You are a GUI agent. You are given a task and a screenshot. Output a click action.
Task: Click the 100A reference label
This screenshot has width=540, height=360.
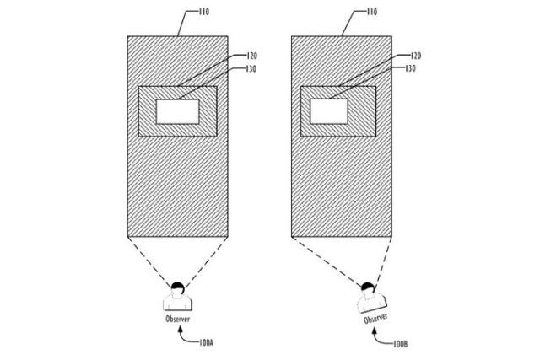coord(206,343)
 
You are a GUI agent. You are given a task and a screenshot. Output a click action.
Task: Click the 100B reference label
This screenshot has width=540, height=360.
coord(401,343)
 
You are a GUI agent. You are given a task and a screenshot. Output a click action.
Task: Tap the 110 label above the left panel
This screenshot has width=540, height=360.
coord(204,12)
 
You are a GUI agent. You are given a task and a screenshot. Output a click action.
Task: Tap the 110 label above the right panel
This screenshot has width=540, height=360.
coord(372,12)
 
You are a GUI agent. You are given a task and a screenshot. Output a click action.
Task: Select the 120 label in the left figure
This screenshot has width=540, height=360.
coord(252,56)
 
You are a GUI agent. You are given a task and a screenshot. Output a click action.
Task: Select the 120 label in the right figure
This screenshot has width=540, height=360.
coord(416,56)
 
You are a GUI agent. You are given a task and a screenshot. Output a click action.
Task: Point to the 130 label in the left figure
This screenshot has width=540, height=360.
coord(251,69)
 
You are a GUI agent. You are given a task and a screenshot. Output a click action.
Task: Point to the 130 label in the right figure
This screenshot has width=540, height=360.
coord(410,68)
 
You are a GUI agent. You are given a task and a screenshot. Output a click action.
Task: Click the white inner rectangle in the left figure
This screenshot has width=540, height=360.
coord(178,111)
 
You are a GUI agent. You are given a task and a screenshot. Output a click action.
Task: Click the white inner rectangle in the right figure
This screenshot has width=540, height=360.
coord(329,111)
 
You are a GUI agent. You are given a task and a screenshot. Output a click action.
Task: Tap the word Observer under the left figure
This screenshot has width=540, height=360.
coord(178,319)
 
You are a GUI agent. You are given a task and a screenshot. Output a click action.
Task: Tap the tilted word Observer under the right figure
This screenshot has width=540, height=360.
coord(375,319)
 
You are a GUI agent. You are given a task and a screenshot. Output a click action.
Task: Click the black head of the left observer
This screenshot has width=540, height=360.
coord(178,287)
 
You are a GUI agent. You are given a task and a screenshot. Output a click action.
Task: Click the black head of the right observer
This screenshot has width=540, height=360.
coord(368,287)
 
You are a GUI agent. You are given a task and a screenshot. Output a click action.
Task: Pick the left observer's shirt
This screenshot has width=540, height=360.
coord(178,302)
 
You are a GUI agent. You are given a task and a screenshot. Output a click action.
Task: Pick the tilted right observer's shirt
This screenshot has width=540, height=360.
coord(372,303)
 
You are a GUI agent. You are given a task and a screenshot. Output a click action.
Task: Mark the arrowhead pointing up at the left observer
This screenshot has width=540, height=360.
coord(180,330)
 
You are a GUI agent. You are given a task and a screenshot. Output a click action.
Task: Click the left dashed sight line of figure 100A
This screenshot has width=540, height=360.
coord(149,261)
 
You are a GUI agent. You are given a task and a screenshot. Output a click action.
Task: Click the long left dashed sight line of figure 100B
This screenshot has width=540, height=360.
coord(327,261)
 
